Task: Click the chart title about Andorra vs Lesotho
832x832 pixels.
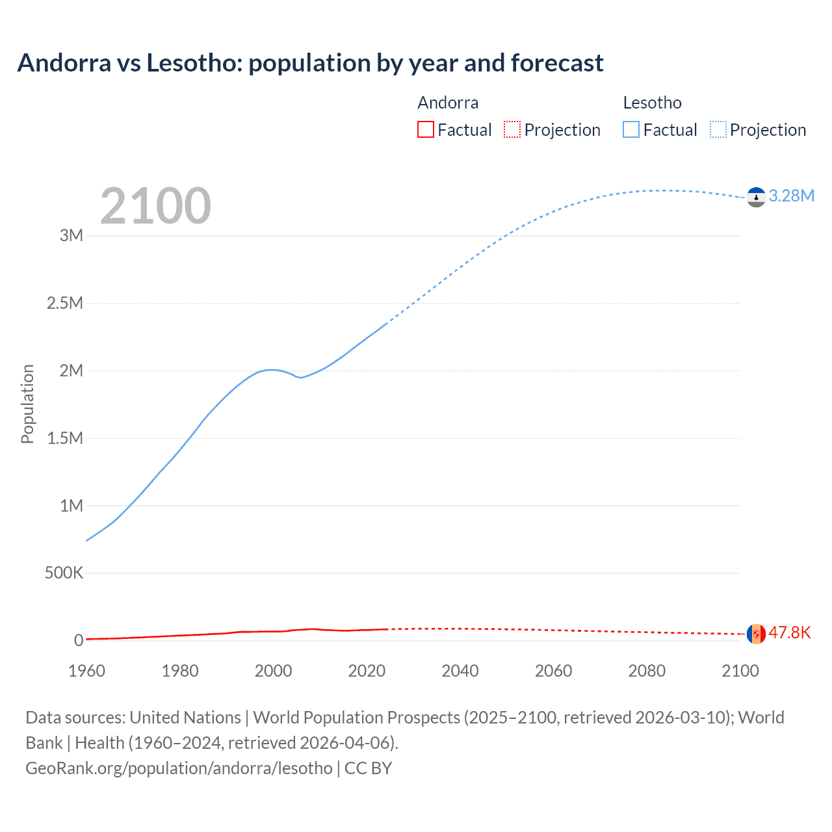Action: pyautogui.click(x=310, y=63)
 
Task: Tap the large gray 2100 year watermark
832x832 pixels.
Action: pyautogui.click(x=155, y=206)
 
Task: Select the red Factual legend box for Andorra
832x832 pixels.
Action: pyautogui.click(x=426, y=129)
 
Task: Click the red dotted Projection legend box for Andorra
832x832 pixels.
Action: pyautogui.click(x=512, y=129)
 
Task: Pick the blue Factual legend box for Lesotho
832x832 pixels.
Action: pyautogui.click(x=631, y=129)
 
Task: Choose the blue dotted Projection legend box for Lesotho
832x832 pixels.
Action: pyautogui.click(x=718, y=129)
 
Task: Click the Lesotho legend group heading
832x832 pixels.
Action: pyautogui.click(x=652, y=103)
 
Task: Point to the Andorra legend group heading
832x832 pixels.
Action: pyautogui.click(x=448, y=103)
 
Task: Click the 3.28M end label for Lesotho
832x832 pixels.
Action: pyautogui.click(x=791, y=196)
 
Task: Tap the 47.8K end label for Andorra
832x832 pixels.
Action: pyautogui.click(x=789, y=632)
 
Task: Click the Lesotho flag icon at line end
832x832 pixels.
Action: pyautogui.click(x=756, y=197)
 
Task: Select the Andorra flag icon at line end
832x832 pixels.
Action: pyautogui.click(x=756, y=633)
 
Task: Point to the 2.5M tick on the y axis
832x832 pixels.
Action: pyautogui.click(x=65, y=303)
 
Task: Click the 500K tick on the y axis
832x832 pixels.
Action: pyautogui.click(x=64, y=573)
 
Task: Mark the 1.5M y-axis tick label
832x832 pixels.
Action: pyautogui.click(x=65, y=438)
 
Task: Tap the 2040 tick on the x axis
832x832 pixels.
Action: pyautogui.click(x=460, y=671)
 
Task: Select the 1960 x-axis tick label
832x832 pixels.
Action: pyautogui.click(x=86, y=671)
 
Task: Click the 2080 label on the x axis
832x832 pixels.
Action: pyautogui.click(x=647, y=671)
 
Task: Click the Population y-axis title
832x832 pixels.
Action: pyautogui.click(x=27, y=404)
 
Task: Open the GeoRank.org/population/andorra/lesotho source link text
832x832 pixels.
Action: pyautogui.click(x=179, y=768)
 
